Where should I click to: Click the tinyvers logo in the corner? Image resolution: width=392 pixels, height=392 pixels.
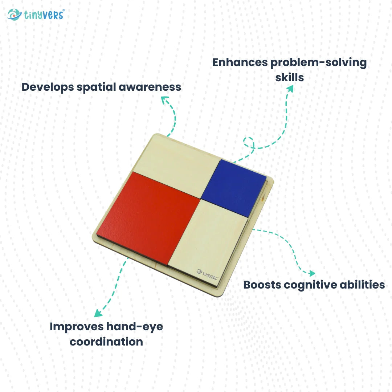(x=36, y=15)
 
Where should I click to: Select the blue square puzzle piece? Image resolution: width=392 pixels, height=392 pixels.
(x=233, y=187)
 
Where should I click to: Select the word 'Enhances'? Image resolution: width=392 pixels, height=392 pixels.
(x=240, y=62)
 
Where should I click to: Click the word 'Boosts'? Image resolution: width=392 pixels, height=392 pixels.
(x=262, y=285)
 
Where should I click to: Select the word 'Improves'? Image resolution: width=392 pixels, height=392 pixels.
(x=76, y=327)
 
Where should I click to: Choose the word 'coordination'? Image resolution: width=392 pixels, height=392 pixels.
(x=106, y=342)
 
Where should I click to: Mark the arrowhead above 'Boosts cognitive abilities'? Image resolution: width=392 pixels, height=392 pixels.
(x=311, y=273)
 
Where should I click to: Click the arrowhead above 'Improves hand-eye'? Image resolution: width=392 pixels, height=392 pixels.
(x=98, y=313)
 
